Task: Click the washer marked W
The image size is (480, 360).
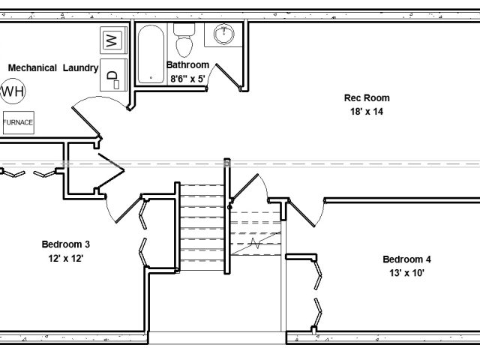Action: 113,40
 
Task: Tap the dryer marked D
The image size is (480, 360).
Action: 113,75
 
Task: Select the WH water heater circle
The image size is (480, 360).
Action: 13,91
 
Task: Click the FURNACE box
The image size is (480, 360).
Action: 18,122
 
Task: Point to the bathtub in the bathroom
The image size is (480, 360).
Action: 151,55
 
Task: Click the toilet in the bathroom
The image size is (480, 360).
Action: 184,40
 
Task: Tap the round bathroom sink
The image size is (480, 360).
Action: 223,34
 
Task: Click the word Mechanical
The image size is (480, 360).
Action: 32,67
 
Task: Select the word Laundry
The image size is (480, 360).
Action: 80,68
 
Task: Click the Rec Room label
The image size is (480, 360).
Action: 367,98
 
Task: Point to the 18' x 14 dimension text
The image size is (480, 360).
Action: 367,112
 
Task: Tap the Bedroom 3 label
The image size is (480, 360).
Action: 66,244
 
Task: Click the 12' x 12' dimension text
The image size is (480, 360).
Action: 66,258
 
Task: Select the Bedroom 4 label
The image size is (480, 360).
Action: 406,259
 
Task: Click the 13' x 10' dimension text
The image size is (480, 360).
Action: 406,272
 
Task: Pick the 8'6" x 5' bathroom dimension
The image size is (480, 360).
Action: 187,79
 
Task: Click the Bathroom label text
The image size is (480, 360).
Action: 187,65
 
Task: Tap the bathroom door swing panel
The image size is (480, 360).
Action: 228,76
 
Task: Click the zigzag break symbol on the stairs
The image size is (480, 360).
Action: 256,243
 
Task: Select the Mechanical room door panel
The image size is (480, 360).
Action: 86,121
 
